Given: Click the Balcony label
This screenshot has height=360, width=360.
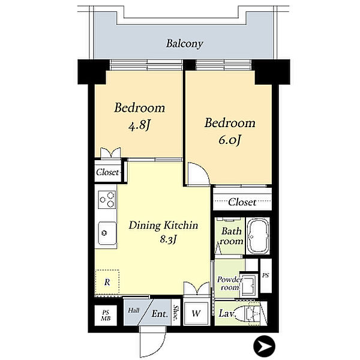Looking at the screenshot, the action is point(185,44).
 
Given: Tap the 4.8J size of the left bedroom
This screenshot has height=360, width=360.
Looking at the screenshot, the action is point(139,125).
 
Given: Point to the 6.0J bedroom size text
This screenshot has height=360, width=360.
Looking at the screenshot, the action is point(230,140).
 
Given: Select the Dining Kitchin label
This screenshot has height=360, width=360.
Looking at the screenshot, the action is point(163,225).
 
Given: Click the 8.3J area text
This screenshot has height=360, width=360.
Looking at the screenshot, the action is point(168,239).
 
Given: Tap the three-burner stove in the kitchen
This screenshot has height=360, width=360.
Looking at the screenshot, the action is point(107,200).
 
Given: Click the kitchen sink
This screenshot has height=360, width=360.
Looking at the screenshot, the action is point(107,233).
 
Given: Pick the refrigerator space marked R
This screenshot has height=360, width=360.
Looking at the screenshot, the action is point(107,282).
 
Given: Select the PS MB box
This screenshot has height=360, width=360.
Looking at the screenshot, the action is point(106,315).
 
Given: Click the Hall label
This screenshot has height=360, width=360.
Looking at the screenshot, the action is point(134,310).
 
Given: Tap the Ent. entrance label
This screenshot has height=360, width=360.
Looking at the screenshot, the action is point(160,314).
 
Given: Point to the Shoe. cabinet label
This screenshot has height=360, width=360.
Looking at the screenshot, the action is point(176,313).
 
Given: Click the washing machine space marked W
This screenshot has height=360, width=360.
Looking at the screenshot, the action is point(196,314).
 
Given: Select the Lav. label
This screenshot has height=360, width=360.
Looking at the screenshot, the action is point(227,313).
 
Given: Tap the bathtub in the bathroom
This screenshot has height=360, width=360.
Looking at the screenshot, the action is point(258,236).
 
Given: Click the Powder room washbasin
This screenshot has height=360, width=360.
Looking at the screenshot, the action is point(249,284).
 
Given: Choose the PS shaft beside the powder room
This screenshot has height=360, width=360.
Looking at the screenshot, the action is point(266,275).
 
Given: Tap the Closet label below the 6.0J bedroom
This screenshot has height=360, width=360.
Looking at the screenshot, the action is point(242,202).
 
